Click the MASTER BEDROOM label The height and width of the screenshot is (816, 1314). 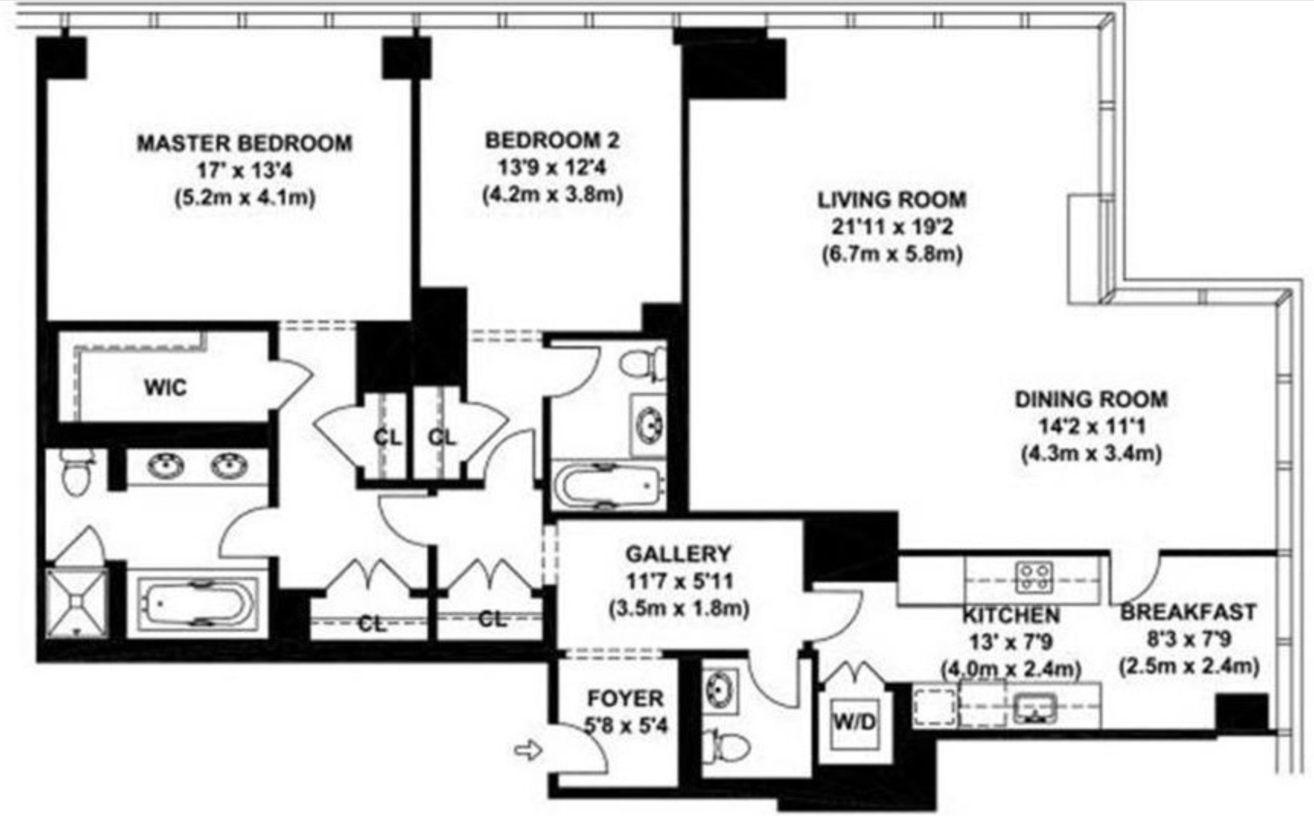pos(244,143)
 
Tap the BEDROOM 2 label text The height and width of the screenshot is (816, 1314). pos(552,140)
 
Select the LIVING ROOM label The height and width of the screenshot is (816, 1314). pos(891,199)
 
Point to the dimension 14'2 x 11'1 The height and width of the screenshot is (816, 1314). pos(1091,426)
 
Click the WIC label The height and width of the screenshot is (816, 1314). pos(165,387)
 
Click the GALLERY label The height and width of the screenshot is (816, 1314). pos(678,554)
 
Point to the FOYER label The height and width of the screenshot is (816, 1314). pos(625,699)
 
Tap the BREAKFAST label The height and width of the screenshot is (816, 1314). pos(1188,612)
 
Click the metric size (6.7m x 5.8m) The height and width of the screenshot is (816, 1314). pos(891,253)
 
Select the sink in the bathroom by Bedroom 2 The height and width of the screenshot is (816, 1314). pos(649,423)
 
